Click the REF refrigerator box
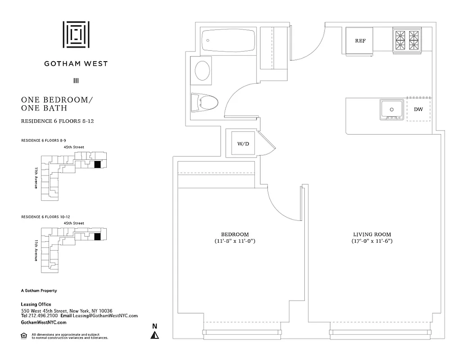click(x=360, y=41)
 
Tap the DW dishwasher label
click(x=418, y=109)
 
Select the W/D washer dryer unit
click(x=243, y=144)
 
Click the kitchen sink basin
click(x=391, y=109)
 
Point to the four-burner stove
click(x=407, y=40)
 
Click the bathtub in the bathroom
click(x=228, y=41)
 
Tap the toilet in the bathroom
click(x=204, y=102)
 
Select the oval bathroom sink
click(x=202, y=71)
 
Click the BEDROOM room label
click(x=235, y=234)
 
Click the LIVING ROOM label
click(x=371, y=234)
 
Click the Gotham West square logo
click(x=76, y=34)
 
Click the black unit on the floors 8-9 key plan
click(x=97, y=165)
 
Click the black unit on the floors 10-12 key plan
click(x=97, y=237)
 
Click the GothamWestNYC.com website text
click(x=44, y=322)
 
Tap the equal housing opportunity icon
click(x=24, y=335)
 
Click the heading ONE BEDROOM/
click(x=57, y=100)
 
